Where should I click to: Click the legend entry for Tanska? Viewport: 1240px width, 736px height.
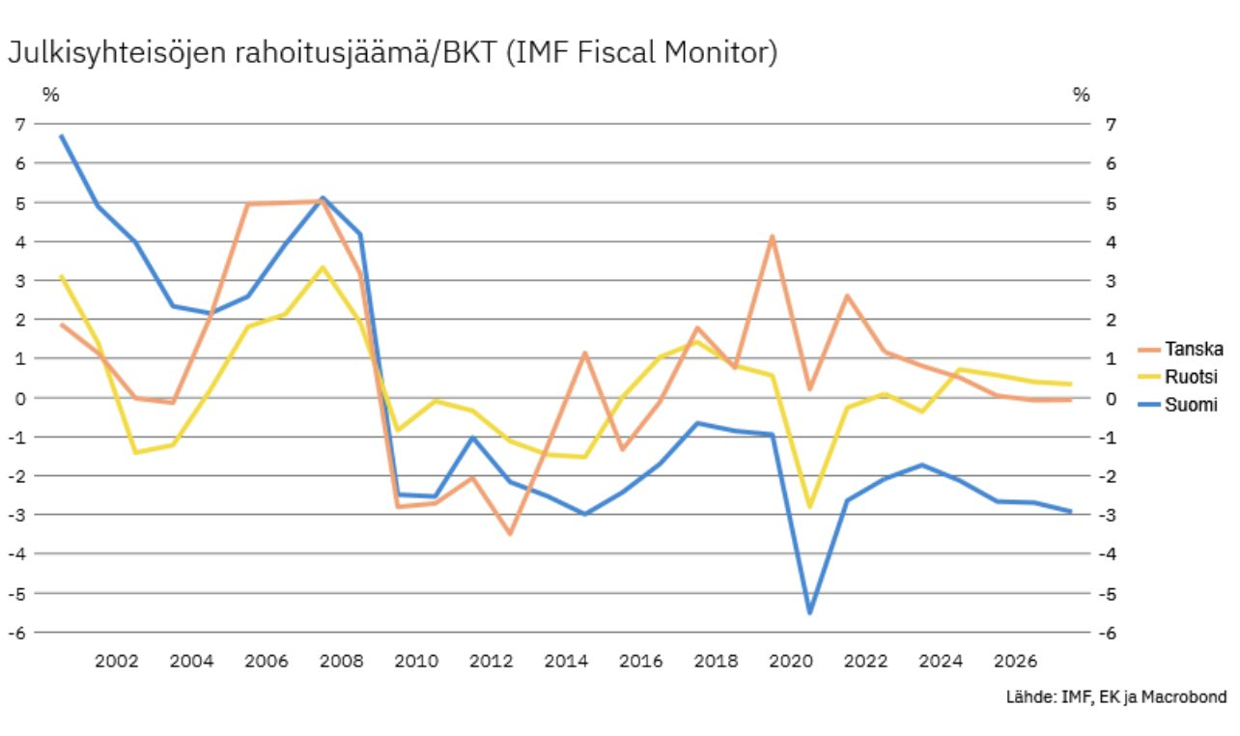pyautogui.click(x=1194, y=349)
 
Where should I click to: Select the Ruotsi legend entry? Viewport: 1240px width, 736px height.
pyautogui.click(x=1191, y=377)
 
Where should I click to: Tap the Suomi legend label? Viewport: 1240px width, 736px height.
pyautogui.click(x=1191, y=405)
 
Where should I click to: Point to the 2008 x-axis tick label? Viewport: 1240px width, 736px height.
pyautogui.click(x=341, y=662)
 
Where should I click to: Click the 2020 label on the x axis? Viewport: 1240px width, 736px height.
pyautogui.click(x=791, y=662)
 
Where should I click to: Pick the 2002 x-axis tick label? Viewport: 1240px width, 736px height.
pyautogui.click(x=116, y=662)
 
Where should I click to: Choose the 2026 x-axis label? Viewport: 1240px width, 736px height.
pyautogui.click(x=1015, y=662)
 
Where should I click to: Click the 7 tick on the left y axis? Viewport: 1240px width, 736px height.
pyautogui.click(x=19, y=125)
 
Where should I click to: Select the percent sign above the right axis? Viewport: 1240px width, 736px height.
pyautogui.click(x=1081, y=95)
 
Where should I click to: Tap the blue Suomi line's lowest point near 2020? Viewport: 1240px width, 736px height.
pyautogui.click(x=809, y=612)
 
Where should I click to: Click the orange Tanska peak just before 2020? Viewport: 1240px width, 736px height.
pyautogui.click(x=773, y=237)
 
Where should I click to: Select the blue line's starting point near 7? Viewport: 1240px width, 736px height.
pyautogui.click(x=61, y=136)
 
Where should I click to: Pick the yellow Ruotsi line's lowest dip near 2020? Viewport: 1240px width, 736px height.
pyautogui.click(x=809, y=506)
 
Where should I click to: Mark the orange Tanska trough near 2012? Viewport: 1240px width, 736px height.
pyautogui.click(x=510, y=533)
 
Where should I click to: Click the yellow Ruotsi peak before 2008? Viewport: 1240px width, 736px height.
pyautogui.click(x=323, y=268)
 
